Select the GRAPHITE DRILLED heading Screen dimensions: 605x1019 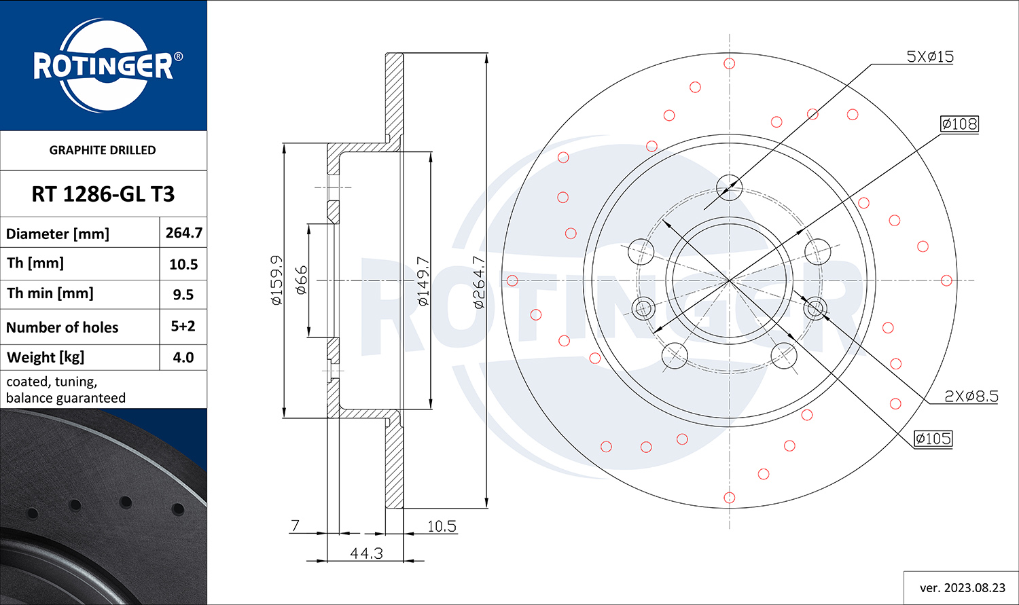tap(103, 150)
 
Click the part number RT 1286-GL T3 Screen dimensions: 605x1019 tap(103, 194)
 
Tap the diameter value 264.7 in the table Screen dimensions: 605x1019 tap(184, 233)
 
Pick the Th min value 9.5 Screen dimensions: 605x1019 tap(183, 295)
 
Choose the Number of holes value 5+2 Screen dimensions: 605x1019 tap(183, 326)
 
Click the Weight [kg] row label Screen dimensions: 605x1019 tap(46, 357)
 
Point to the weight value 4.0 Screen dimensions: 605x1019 tap(183, 357)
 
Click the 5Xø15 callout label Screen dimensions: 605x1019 tap(930, 56)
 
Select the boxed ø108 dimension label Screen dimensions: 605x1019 tap(959, 124)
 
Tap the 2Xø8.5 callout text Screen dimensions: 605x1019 tap(971, 396)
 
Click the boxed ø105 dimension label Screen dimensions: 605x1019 tap(933, 439)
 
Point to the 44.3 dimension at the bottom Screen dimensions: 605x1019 tap(366, 553)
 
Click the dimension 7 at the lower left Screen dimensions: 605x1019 tap(295, 526)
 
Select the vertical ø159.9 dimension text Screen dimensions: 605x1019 tap(276, 280)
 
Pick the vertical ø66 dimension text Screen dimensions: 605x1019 tap(302, 280)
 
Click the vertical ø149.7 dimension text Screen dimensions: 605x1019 tap(423, 280)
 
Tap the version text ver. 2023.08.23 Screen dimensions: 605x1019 tap(962, 587)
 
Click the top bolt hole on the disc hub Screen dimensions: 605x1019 tap(729, 187)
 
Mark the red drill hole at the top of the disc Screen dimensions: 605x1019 tap(730, 64)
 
